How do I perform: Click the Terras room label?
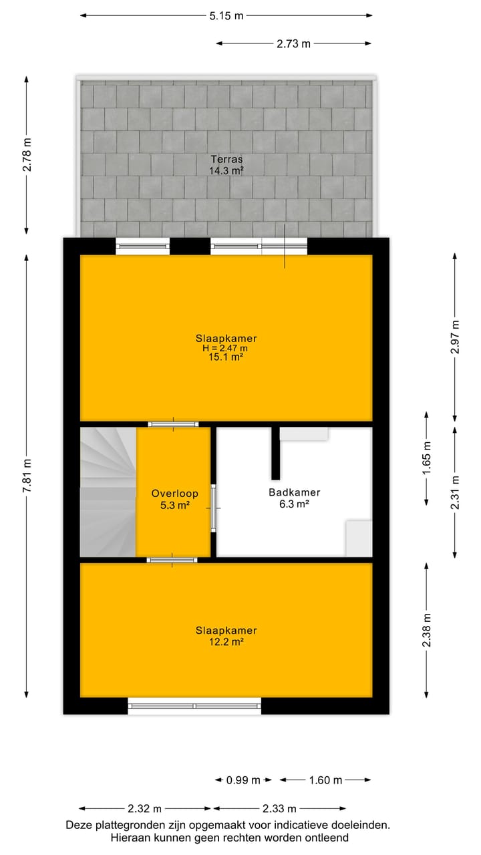point(226,160)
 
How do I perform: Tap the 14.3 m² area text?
point(226,170)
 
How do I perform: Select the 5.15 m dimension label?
point(226,16)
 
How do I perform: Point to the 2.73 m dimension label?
point(294,44)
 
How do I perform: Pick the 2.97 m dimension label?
point(455,337)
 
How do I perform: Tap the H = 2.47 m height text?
point(226,347)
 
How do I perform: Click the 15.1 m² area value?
point(226,357)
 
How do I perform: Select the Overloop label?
point(174,494)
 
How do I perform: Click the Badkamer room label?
point(294,493)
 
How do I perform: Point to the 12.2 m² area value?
point(226,641)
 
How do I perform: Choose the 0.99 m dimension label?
point(243,780)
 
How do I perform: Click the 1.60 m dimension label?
point(325,780)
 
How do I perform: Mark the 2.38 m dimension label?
point(427,631)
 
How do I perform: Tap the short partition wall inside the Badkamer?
point(275,453)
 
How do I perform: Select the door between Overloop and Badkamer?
point(213,508)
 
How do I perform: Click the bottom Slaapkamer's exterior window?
point(194,705)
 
